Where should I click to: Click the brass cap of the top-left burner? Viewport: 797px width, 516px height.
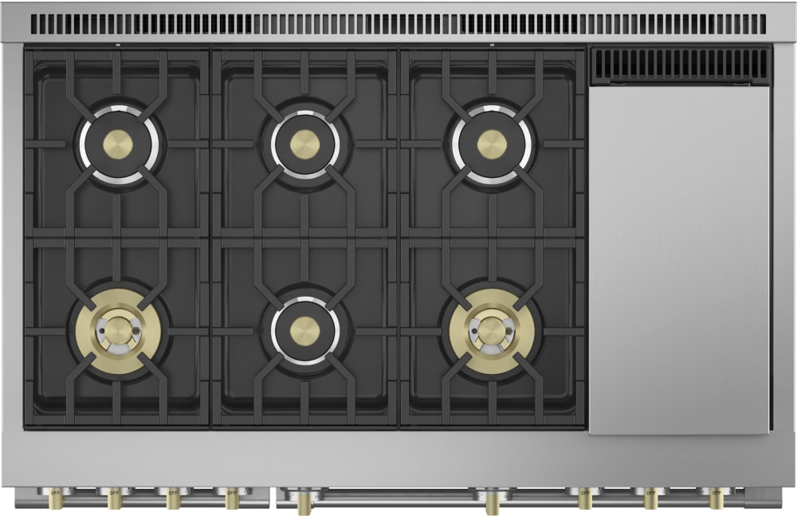click(x=118, y=144)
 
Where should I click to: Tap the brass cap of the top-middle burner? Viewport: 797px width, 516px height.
click(x=304, y=144)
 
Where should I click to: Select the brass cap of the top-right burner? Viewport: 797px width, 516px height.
click(x=492, y=144)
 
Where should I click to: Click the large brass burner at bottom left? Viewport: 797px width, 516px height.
click(x=118, y=329)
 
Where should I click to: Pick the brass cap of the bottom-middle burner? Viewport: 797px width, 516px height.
click(x=304, y=330)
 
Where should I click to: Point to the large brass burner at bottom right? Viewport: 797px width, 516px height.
click(x=492, y=329)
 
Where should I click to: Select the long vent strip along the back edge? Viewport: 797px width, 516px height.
click(x=398, y=24)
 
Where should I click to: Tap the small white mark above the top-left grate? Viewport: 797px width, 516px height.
click(x=118, y=45)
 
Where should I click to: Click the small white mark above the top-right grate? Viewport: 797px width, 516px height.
click(x=492, y=45)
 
